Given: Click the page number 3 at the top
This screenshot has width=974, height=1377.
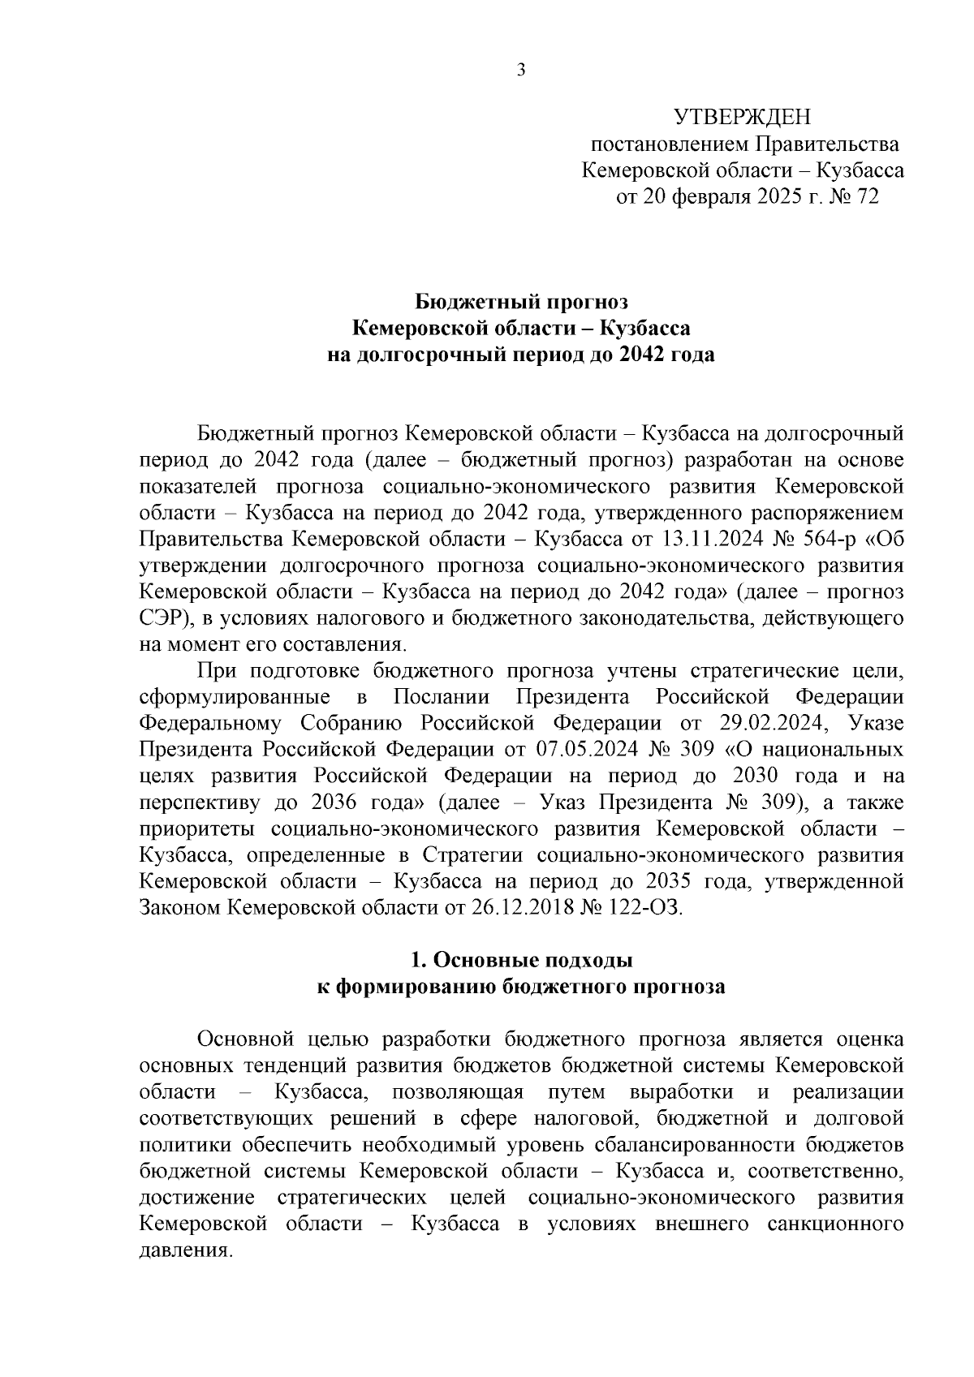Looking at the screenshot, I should click(521, 71).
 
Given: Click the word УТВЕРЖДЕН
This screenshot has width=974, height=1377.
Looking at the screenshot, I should click(743, 118).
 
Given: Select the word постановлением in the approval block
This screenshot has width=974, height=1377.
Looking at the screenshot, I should click(670, 145).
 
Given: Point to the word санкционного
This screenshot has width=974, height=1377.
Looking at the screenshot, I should click(835, 1224).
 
